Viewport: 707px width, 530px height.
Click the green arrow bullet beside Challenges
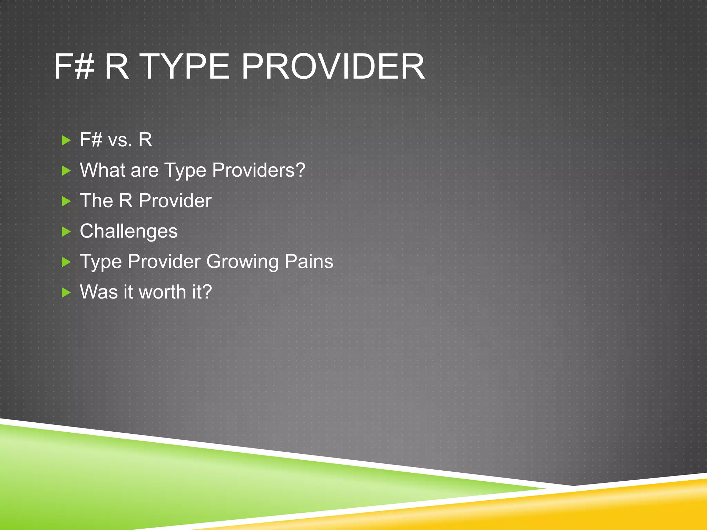click(x=66, y=232)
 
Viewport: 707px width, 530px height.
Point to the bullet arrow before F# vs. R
click(x=66, y=140)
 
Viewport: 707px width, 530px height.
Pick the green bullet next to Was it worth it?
click(x=66, y=293)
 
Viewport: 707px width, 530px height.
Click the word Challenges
click(x=128, y=231)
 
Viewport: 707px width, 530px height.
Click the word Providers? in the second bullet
click(x=259, y=170)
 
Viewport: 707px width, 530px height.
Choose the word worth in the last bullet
click(x=162, y=292)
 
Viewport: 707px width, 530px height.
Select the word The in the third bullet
click(x=96, y=200)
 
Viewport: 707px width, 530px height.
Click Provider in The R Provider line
click(x=175, y=200)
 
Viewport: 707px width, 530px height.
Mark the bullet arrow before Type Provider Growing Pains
click(x=66, y=262)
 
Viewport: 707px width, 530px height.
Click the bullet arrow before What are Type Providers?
click(x=66, y=171)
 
